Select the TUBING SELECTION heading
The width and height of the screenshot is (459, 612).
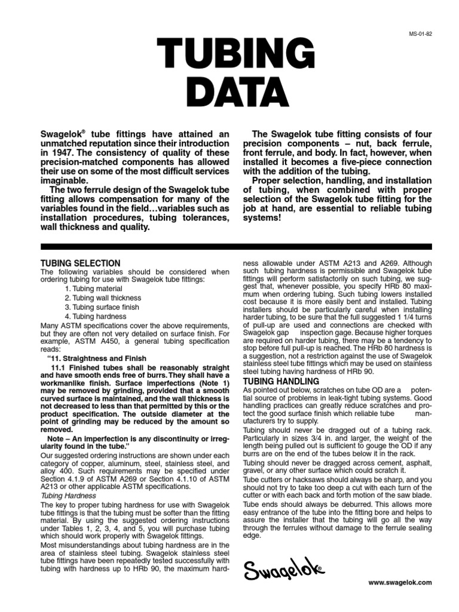80,263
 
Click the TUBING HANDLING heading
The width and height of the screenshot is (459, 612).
280,381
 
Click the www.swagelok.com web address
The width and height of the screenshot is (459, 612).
400,582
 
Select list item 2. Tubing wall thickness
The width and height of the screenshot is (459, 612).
103,298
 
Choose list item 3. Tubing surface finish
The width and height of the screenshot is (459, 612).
102,307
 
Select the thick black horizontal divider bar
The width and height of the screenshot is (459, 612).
229,246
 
